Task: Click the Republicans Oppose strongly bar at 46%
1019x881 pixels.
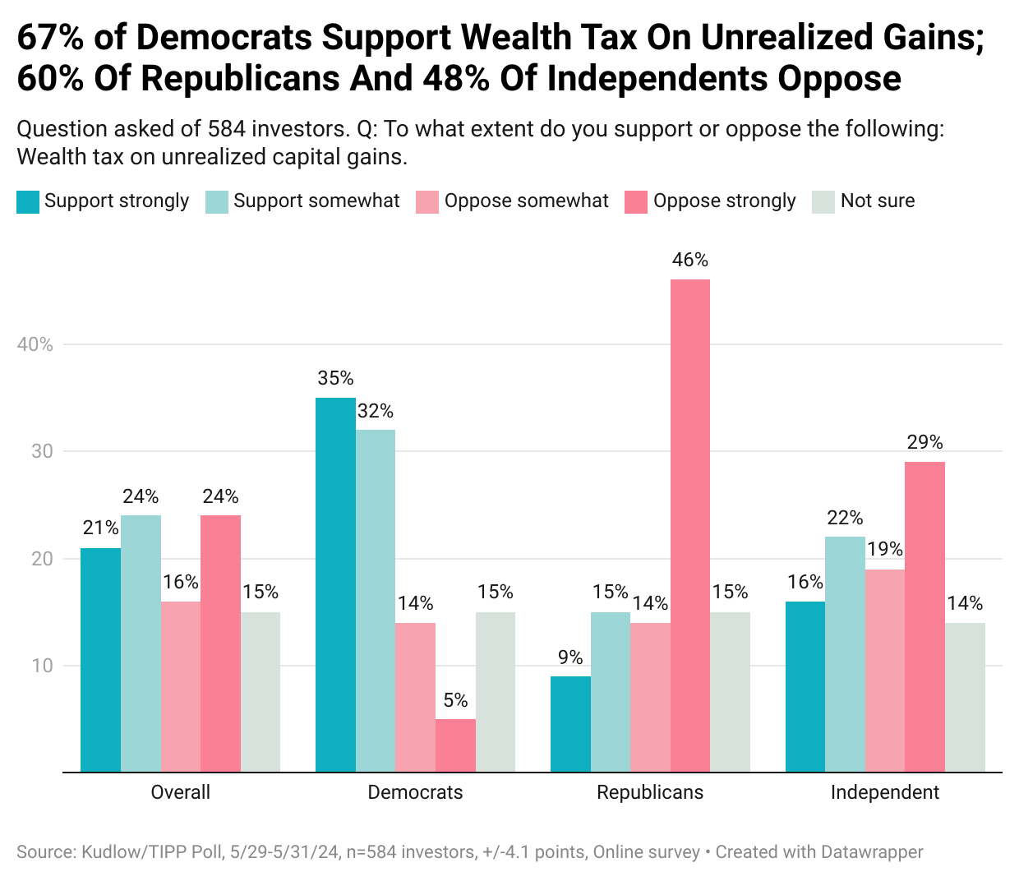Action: [x=690, y=526]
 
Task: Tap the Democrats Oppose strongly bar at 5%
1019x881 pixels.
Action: [x=455, y=745]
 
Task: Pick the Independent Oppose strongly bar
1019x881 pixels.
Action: [x=924, y=616]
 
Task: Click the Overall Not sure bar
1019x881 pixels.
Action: [x=261, y=692]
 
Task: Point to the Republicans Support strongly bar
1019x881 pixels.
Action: [x=570, y=724]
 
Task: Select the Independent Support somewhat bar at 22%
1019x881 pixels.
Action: [x=845, y=654]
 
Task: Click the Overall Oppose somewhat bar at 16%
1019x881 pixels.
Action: [x=181, y=686]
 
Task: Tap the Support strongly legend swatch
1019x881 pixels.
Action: [x=28, y=201]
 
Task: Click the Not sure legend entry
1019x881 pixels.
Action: [x=877, y=201]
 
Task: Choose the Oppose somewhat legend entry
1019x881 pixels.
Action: [x=526, y=201]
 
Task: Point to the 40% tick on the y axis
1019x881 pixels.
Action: [x=35, y=344]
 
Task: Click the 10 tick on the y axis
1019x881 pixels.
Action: [x=42, y=666]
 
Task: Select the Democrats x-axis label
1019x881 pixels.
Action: [x=415, y=792]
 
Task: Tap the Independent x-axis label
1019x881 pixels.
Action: [x=884, y=792]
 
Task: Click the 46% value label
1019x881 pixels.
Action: [x=690, y=260]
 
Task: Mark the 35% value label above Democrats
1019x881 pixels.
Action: [x=335, y=378]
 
